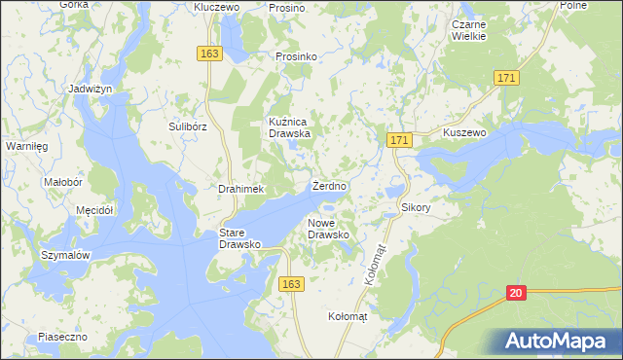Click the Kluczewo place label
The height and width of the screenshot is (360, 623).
click(216, 7)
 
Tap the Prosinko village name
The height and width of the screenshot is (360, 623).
click(297, 57)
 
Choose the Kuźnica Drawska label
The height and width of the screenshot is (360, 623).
click(289, 127)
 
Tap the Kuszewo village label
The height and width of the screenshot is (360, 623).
click(463, 132)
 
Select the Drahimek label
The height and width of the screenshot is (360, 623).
click(241, 189)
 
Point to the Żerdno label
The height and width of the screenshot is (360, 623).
click(330, 185)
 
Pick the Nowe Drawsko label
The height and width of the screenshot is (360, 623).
click(328, 230)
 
